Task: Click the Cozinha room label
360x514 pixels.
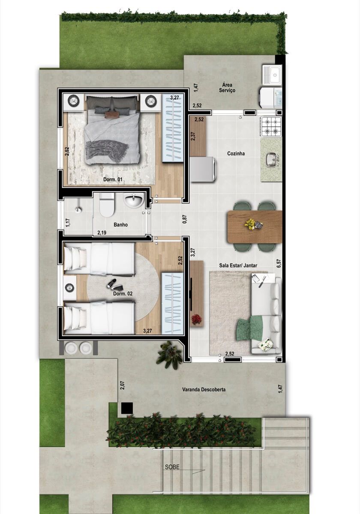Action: point(236,153)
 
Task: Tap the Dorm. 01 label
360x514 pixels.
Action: point(113,179)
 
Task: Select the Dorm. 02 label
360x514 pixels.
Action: point(123,294)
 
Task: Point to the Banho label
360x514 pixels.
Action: point(120,225)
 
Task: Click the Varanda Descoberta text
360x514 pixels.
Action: point(204,389)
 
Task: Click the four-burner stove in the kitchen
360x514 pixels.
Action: point(271,127)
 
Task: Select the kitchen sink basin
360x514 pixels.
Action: point(272,159)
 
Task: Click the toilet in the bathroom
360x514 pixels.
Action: point(107,205)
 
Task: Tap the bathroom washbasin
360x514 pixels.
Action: point(133,199)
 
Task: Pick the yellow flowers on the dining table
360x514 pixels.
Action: point(249,223)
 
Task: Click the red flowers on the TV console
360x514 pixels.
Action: point(196,319)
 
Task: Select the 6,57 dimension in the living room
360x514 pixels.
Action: point(279,263)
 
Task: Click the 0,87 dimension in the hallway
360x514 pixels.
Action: point(185,219)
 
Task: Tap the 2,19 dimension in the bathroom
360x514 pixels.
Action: point(102,233)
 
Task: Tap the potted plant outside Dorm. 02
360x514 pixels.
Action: point(169,355)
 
